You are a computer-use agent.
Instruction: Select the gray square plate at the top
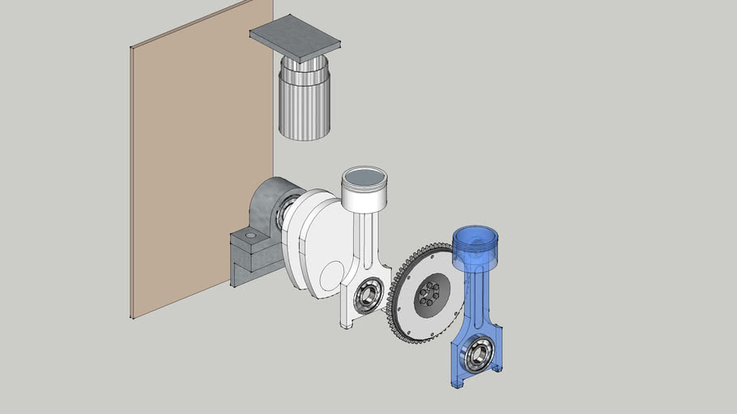[295, 37]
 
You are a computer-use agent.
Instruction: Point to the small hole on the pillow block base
[250, 235]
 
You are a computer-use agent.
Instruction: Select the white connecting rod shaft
[366, 243]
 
